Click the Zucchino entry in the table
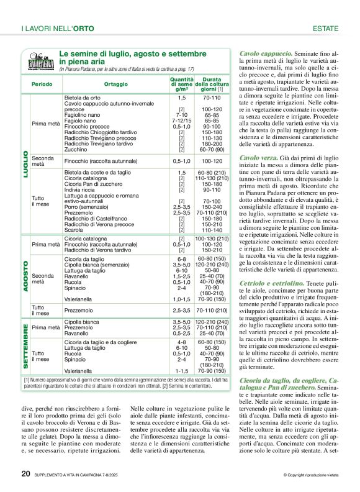coord(76,150)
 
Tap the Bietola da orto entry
coord(83,98)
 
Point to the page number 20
coord(25,473)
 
